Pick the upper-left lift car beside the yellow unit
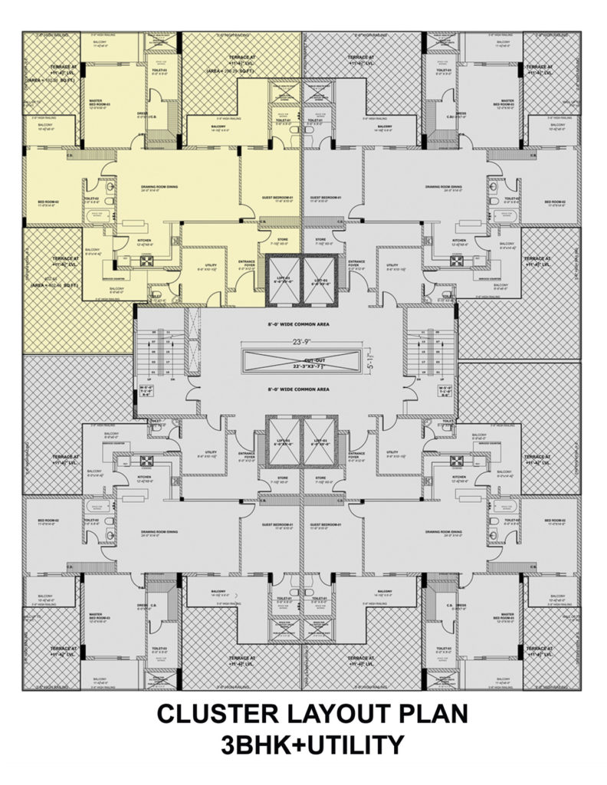point(284,279)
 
